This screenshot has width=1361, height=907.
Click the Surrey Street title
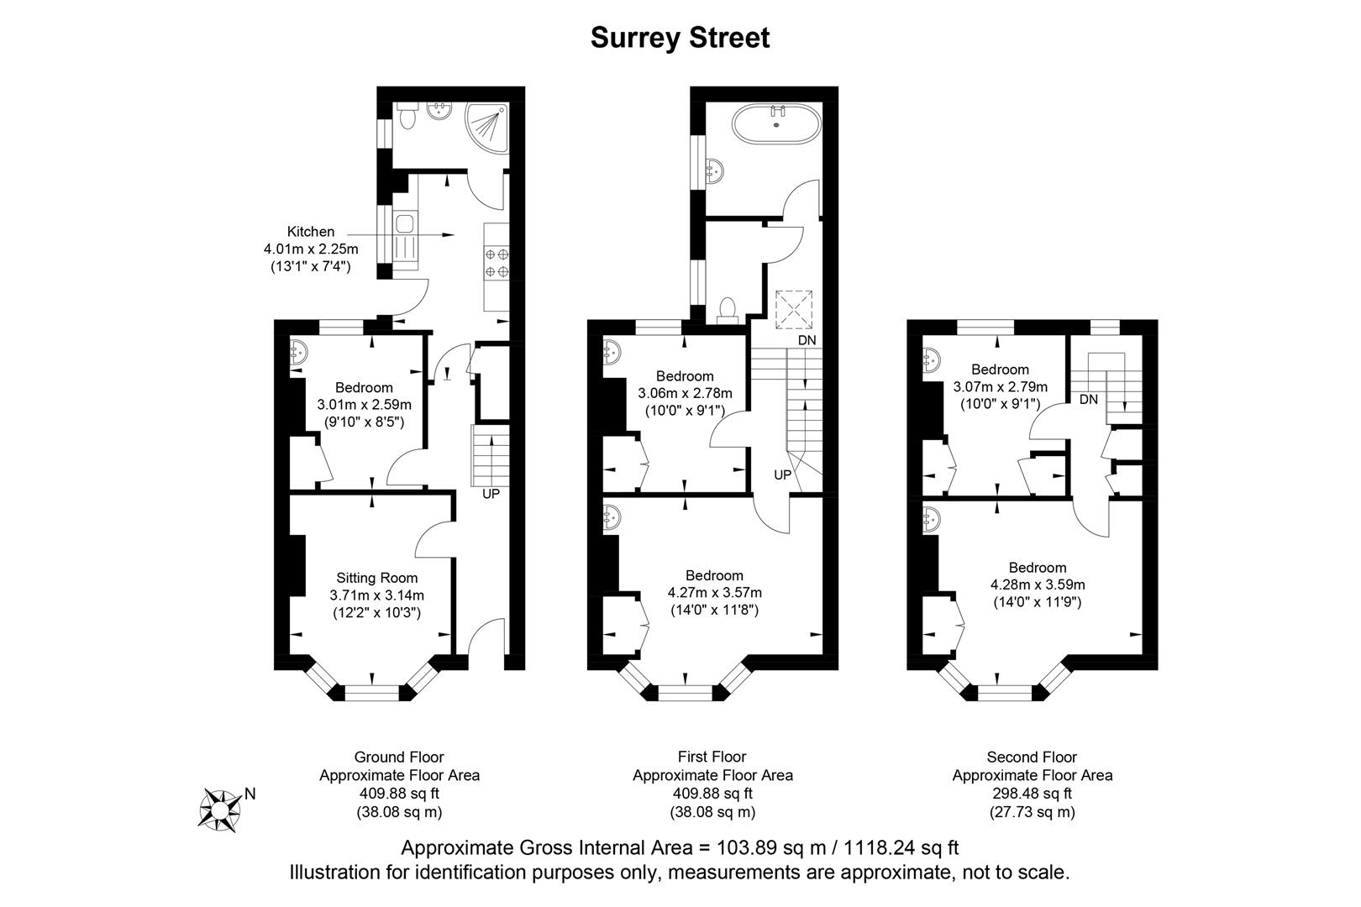click(680, 38)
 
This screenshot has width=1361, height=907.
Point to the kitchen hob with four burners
click(497, 263)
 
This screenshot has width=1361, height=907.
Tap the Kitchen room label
click(311, 231)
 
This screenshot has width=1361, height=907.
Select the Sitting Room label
click(376, 578)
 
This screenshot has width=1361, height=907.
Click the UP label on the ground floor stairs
click(491, 494)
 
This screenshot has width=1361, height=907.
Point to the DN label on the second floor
click(1089, 399)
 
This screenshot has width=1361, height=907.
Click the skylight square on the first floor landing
click(794, 308)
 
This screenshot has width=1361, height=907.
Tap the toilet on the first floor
click(728, 312)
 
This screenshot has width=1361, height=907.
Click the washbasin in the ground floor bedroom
click(300, 353)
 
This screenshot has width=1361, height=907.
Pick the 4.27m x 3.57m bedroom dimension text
click(714, 592)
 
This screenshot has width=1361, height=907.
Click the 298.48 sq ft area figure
click(1032, 794)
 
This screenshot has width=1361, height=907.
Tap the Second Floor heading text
click(1032, 757)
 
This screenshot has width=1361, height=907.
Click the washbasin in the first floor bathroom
click(715, 171)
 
